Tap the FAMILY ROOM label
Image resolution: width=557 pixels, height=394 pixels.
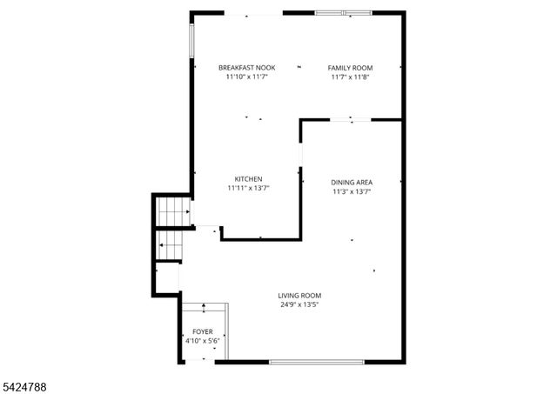pos(350,68)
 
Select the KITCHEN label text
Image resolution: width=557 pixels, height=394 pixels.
pos(248,179)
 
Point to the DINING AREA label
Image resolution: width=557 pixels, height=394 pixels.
pos(352,183)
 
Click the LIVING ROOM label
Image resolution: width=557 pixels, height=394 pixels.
pos(300,296)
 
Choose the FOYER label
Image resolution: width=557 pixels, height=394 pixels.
pos(202,332)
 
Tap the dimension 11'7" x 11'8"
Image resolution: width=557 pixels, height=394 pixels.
pos(350,77)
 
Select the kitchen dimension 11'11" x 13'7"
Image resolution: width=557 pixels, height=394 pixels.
pos(248,188)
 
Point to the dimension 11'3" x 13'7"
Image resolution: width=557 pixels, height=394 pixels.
pos(352,191)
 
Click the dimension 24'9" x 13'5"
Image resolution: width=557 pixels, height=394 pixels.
pos(300,305)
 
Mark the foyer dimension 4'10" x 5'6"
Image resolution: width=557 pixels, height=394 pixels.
pos(202,341)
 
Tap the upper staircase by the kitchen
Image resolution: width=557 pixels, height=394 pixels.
pos(172,210)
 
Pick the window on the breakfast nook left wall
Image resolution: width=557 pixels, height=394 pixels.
pos(191,37)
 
